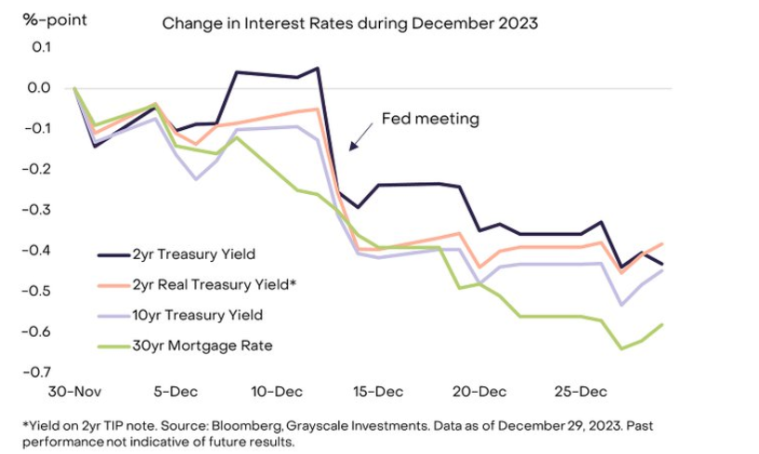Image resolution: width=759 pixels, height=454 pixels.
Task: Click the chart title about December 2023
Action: pyautogui.click(x=350, y=23)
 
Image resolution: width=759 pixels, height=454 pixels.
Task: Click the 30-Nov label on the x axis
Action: pyautogui.click(x=75, y=392)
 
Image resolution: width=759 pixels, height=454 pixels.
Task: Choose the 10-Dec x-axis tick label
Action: pyautogui.click(x=278, y=392)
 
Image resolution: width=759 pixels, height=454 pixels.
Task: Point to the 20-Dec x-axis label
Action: pyautogui.click(x=480, y=392)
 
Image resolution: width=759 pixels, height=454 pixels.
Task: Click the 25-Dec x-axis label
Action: pyautogui.click(x=582, y=392)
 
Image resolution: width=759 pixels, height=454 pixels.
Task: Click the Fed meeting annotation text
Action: pyautogui.click(x=430, y=119)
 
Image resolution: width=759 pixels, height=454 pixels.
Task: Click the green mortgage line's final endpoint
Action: pyautogui.click(x=661, y=324)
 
